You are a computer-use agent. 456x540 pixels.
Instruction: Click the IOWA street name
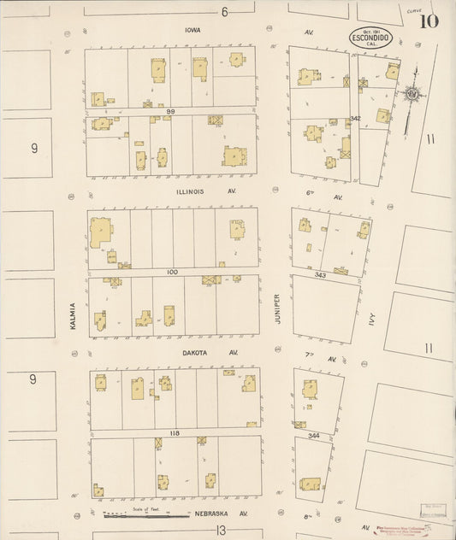coord(192,30)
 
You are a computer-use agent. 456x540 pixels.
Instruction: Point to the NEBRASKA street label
coord(207,514)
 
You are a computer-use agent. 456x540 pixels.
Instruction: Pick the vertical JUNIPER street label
coord(276,309)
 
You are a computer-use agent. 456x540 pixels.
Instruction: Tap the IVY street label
coord(372,319)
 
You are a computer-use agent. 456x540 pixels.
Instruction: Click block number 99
coord(171,111)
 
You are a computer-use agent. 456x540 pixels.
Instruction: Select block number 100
coord(172,272)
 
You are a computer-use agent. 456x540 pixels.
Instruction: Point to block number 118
coord(174,433)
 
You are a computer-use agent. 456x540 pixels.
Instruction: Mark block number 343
coord(320,275)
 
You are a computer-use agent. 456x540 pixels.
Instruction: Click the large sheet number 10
coord(430,21)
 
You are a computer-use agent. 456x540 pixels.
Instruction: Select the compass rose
coord(412,91)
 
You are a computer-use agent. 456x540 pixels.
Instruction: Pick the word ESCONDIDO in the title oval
coord(370,38)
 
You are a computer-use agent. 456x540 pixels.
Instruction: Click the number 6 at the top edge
coord(225,11)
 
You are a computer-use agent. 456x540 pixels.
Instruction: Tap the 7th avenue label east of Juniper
coord(306,353)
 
